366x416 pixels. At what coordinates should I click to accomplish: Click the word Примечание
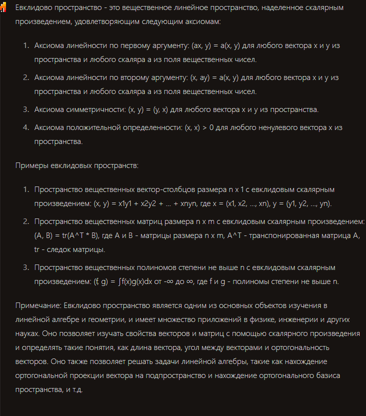point(39,305)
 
